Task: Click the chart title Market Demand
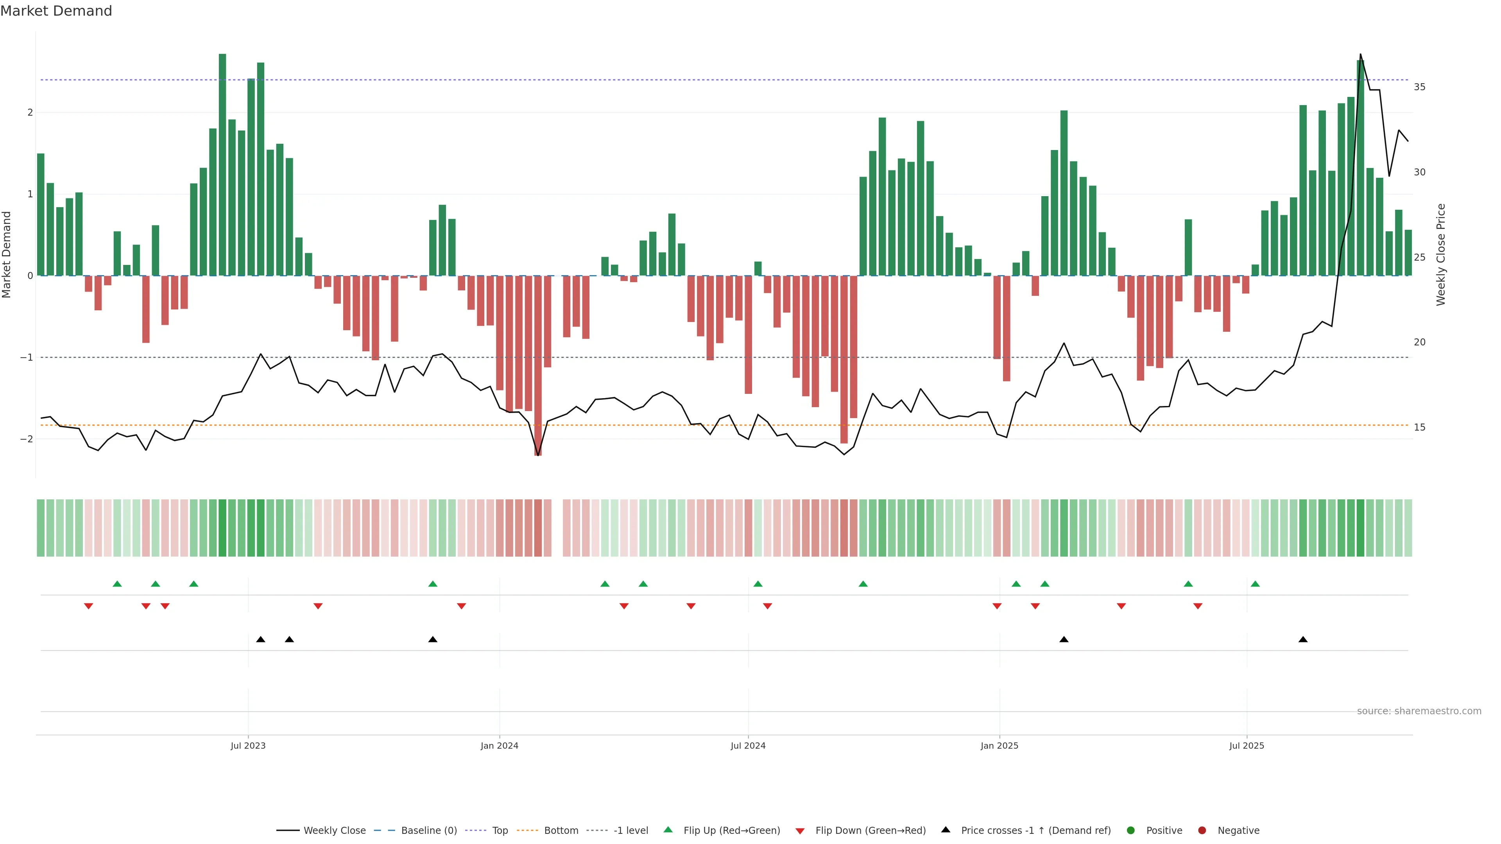tap(56, 11)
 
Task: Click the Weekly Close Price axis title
tap(1441, 254)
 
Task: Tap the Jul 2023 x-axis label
tap(248, 746)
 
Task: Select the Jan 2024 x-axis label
tap(500, 746)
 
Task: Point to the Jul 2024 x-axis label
tap(748, 746)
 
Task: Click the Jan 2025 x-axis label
tap(999, 746)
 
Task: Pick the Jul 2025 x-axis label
tap(1247, 746)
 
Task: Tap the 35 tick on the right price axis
tap(1419, 87)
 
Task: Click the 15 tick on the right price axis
tap(1419, 427)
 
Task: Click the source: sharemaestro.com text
tap(1419, 711)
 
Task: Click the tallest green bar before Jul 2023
tap(222, 163)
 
